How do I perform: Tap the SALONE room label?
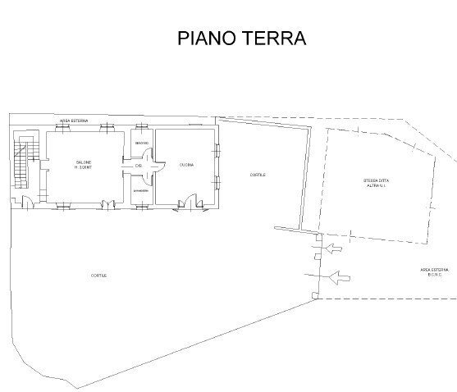[x=84, y=162]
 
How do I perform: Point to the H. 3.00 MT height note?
[x=84, y=168]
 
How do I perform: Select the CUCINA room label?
[x=185, y=166]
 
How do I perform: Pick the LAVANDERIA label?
[x=141, y=190]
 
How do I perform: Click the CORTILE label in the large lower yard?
[x=99, y=275]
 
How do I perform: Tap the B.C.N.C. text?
[x=434, y=276]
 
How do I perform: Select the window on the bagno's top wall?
[x=142, y=126]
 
